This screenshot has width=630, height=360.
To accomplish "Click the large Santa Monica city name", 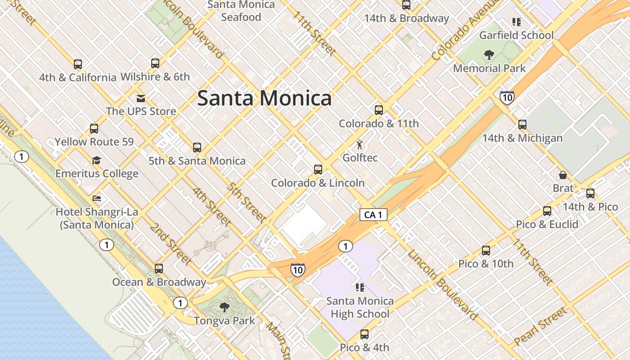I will click(264, 98).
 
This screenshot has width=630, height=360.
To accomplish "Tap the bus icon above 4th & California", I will click(78, 64).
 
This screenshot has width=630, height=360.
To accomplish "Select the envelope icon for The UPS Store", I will click(141, 99).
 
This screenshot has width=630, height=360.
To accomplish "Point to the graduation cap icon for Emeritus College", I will click(96, 161).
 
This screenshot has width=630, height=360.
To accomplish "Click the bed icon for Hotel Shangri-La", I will click(97, 198).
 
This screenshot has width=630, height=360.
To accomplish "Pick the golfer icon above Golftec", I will click(360, 145).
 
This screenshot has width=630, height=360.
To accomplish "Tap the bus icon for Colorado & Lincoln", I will click(318, 170).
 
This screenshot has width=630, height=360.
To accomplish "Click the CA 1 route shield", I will click(373, 215).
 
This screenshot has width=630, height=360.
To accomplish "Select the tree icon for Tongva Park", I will click(224, 308).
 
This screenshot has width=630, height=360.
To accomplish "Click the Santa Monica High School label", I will click(360, 307).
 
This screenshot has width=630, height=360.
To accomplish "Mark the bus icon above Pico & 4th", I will click(364, 334).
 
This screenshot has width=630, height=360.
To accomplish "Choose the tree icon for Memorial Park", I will click(489, 55).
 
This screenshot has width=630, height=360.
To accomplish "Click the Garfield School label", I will click(516, 35).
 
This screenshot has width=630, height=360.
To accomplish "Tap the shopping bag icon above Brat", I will click(562, 175).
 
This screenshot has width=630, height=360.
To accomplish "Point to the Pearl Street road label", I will click(540, 326).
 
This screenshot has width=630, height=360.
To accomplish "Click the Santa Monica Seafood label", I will click(241, 11).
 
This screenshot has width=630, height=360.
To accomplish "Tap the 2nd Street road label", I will click(171, 243).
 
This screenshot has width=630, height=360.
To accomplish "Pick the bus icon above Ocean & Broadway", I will click(159, 269).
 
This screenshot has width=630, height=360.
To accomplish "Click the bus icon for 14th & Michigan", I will click(522, 125).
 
